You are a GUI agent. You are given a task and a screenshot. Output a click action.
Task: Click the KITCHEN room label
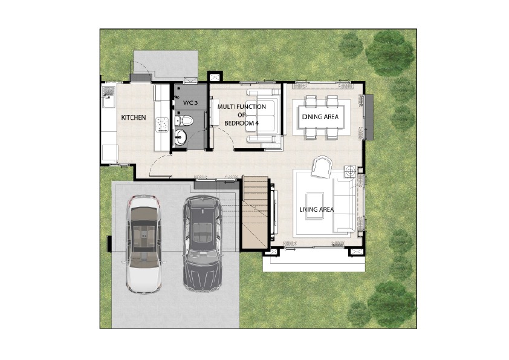(134, 117)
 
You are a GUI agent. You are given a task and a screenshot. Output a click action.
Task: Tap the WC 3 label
(190, 103)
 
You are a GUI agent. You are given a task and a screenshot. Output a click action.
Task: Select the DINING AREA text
(320, 117)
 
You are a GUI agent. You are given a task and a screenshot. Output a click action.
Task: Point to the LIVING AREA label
(317, 209)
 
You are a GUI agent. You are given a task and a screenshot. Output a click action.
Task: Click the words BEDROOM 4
(242, 123)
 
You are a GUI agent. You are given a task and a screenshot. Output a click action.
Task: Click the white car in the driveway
(144, 244)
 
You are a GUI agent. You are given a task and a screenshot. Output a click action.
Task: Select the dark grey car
(203, 243)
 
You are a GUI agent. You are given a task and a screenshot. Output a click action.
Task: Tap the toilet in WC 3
(184, 121)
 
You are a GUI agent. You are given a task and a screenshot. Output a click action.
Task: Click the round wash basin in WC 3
(180, 137)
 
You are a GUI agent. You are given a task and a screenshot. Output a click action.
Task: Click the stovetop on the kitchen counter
(161, 125)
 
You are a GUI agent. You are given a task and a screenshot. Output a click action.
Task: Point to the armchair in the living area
(322, 167)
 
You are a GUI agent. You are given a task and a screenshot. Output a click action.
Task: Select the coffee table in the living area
(314, 206)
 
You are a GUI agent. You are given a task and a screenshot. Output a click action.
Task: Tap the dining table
(321, 117)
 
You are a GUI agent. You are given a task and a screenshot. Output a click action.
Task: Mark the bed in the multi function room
(263, 116)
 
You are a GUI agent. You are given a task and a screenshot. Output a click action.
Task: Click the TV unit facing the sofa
(274, 212)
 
